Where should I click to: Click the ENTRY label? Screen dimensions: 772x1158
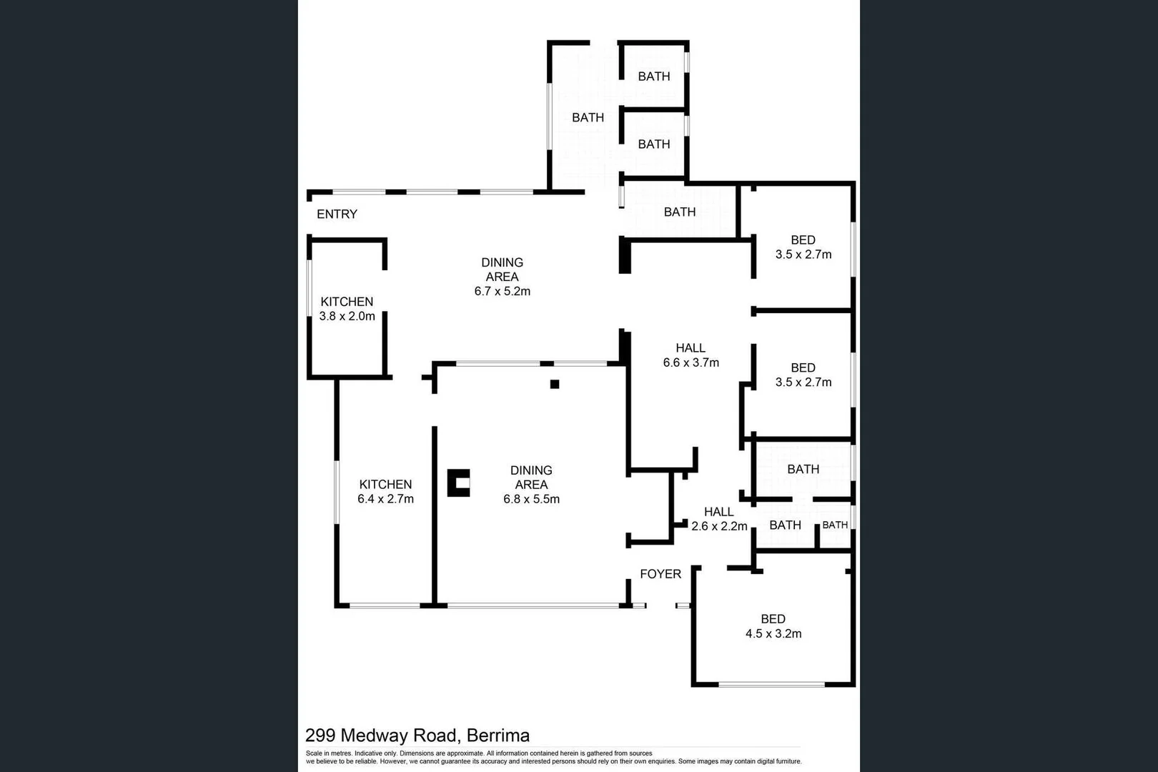click(337, 214)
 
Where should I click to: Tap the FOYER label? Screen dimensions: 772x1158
click(660, 574)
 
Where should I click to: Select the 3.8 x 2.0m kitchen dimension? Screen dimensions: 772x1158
click(347, 316)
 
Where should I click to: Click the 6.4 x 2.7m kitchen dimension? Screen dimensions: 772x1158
click(385, 499)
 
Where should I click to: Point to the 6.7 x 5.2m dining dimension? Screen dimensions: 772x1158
click(502, 291)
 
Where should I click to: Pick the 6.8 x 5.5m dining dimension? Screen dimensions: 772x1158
click(531, 499)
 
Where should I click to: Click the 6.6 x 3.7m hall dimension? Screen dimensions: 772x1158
click(691, 362)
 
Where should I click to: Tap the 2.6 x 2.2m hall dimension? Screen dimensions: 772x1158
click(719, 526)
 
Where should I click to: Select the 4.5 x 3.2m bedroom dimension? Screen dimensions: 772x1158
click(773, 633)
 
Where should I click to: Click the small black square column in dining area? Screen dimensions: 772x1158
click(554, 385)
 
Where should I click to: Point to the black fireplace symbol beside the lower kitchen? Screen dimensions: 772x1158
click(458, 482)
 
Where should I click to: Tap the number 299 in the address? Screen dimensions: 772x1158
click(320, 736)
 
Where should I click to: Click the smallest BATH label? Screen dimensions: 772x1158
click(834, 525)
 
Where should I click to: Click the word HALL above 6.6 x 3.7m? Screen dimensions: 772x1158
click(691, 348)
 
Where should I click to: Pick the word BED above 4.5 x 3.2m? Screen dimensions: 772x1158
click(773, 619)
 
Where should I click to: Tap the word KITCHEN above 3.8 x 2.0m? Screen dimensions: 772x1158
click(347, 302)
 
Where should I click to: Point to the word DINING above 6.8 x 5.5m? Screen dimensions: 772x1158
click(531, 470)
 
